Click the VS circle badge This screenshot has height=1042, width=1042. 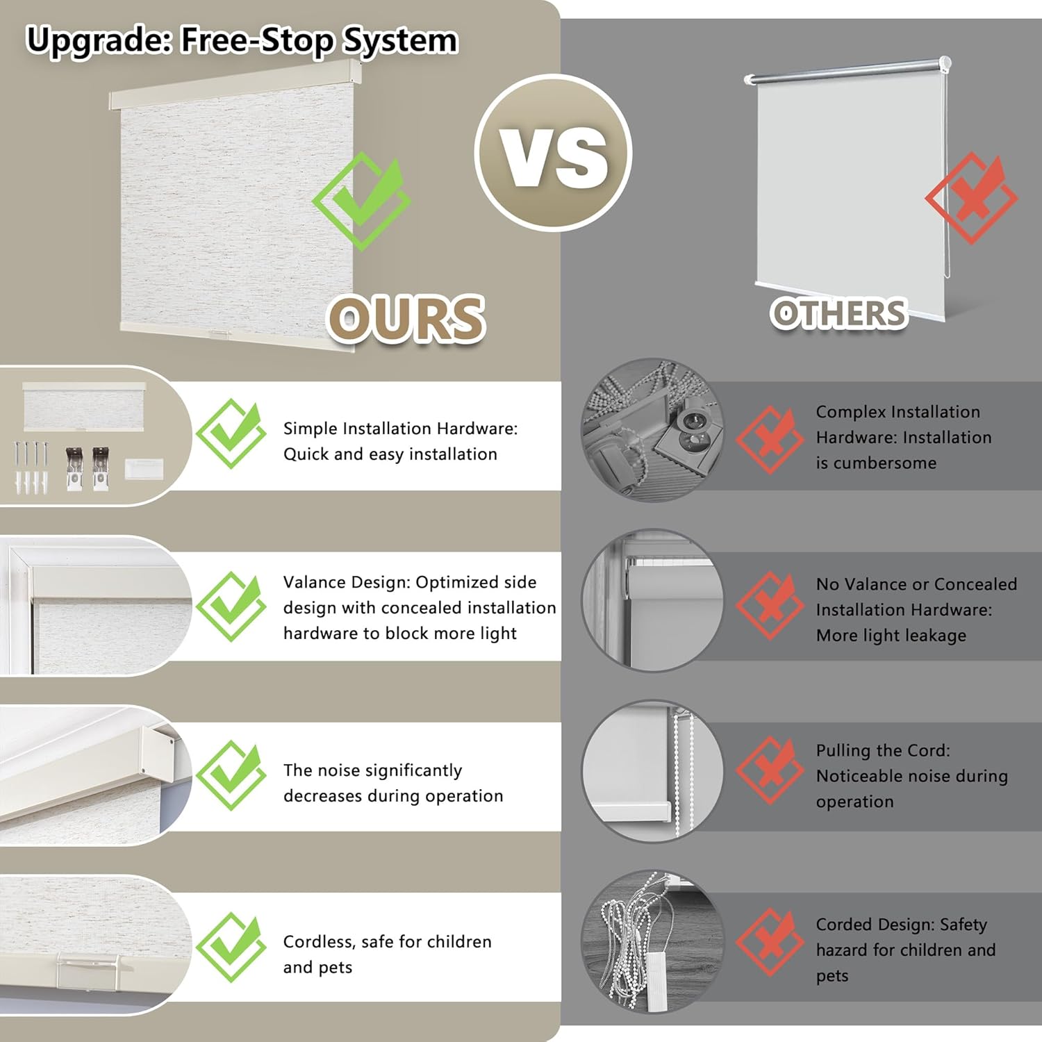click(553, 153)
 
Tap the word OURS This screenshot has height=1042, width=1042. click(406, 320)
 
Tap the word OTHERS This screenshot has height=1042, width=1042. click(839, 313)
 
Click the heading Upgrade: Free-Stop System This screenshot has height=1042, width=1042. click(242, 40)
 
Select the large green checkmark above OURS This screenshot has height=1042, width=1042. click(361, 201)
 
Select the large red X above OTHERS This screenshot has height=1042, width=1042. click(971, 198)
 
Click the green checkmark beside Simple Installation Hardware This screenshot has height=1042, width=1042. click(231, 434)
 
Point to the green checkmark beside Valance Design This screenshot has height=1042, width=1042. click(231, 606)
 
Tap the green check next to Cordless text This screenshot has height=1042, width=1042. click(231, 948)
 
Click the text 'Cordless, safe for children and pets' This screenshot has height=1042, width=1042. click(387, 954)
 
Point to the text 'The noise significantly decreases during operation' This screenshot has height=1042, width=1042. click(393, 783)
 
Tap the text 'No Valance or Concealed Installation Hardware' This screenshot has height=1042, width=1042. click(916, 597)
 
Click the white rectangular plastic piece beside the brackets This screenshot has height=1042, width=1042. click(144, 468)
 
